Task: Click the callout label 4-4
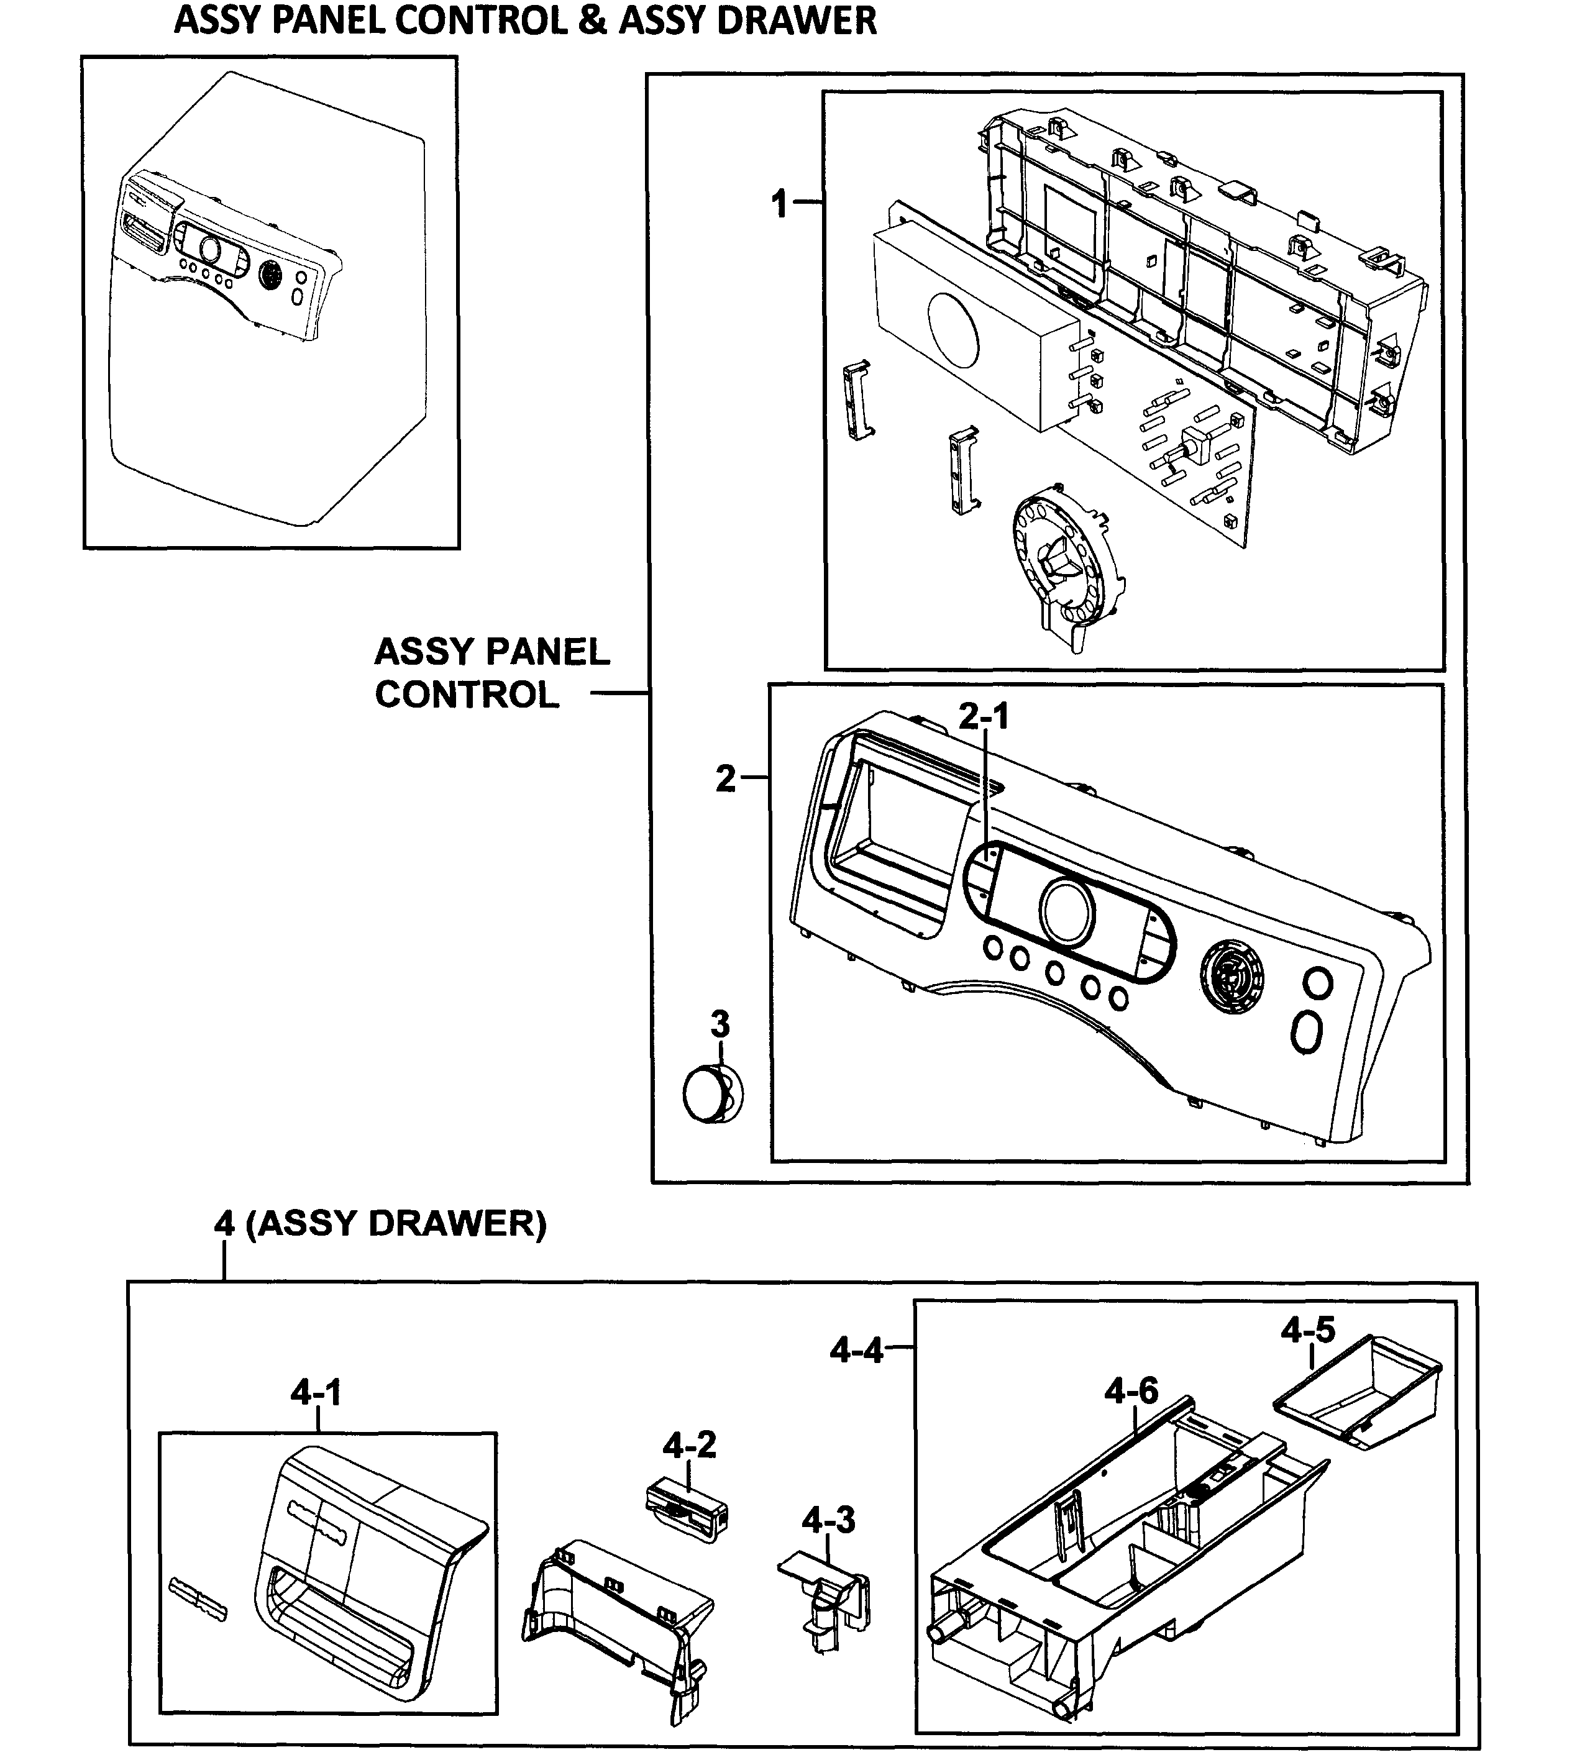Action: (856, 1348)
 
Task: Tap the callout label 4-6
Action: (1131, 1390)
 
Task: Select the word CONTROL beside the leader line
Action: (467, 695)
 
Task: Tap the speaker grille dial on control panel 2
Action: (1232, 977)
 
